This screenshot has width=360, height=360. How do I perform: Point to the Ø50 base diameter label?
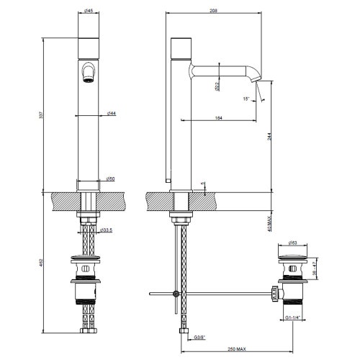coord(112,178)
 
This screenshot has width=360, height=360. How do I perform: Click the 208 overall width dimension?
coord(215,11)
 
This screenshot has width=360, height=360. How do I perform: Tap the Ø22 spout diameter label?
coord(217,87)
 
